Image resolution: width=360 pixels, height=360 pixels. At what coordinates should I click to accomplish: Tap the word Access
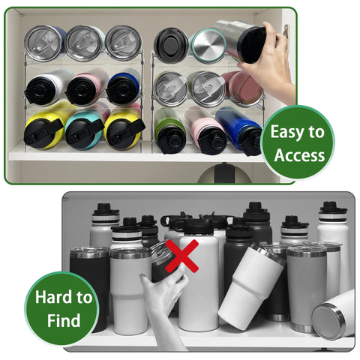point(299,156)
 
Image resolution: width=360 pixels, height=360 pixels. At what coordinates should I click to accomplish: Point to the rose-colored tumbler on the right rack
point(241,88)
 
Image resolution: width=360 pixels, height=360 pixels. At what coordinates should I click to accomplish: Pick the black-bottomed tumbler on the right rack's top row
point(171,44)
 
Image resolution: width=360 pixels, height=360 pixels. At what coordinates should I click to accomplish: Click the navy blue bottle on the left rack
point(124,87)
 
